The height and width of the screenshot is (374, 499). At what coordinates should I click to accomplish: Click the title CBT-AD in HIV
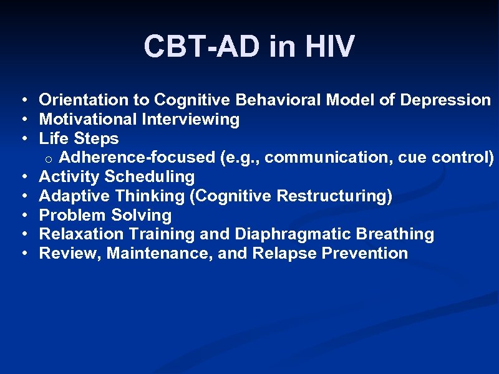[249, 47]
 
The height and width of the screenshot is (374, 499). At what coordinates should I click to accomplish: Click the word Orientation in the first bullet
[74, 100]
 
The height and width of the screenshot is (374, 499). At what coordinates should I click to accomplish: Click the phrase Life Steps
[79, 138]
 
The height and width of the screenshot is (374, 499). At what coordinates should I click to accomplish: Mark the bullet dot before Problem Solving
[22, 216]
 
